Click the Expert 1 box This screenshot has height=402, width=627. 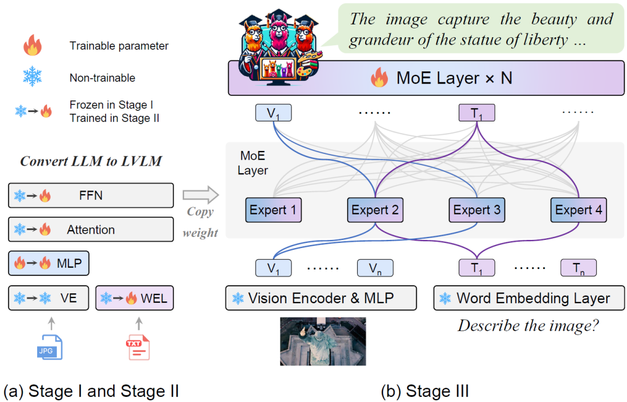click(x=273, y=210)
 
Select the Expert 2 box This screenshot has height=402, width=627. click(x=375, y=210)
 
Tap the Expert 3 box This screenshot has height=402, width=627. click(x=477, y=210)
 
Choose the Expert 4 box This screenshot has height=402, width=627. click(x=579, y=210)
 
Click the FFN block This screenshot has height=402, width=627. click(x=91, y=195)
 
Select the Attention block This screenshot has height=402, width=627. click(x=91, y=229)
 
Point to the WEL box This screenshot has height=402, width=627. click(x=134, y=298)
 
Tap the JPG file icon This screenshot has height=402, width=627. click(x=48, y=346)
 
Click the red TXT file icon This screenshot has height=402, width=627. click(x=138, y=347)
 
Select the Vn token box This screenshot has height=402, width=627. click(x=375, y=268)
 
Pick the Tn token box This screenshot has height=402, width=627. click(x=578, y=268)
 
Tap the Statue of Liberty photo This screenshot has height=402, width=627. click(x=323, y=341)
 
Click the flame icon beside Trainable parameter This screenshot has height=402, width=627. click(x=33, y=45)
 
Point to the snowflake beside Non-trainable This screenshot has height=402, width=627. click(x=33, y=78)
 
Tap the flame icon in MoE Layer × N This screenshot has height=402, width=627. click(x=379, y=78)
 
